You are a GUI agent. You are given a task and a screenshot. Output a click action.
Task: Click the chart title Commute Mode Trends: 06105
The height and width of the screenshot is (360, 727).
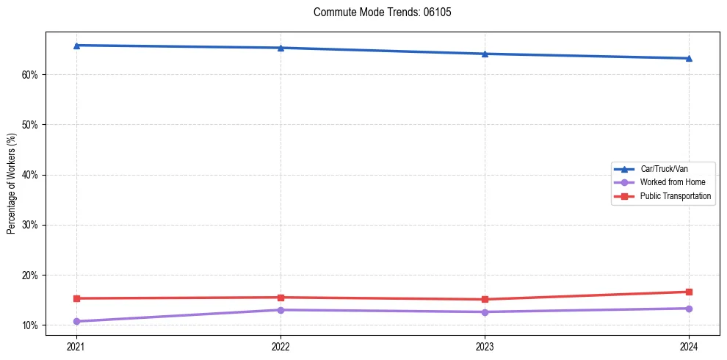coord(377,12)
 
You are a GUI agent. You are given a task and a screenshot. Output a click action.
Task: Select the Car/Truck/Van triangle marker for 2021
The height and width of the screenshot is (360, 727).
coord(76,46)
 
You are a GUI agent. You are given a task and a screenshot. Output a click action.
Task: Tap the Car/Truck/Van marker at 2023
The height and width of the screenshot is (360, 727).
coord(485,54)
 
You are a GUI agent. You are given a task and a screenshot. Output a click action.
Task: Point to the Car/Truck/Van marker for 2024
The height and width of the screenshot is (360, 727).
coord(689,58)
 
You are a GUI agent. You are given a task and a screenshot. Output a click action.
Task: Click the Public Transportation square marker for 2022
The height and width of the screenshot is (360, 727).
coord(281,298)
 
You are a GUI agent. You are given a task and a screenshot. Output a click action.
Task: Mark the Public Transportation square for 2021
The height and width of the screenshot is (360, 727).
coord(76,298)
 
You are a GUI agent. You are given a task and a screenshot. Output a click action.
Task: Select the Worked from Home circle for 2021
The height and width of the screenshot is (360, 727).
coord(76,321)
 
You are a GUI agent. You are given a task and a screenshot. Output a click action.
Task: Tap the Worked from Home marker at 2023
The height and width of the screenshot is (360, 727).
coord(485,312)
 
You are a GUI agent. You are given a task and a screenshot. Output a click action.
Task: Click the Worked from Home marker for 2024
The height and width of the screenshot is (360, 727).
coord(689,309)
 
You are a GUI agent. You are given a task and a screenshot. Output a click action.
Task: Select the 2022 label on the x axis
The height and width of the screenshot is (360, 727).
coord(281,345)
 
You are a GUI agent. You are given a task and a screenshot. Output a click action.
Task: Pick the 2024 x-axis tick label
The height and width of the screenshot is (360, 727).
coord(689,345)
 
